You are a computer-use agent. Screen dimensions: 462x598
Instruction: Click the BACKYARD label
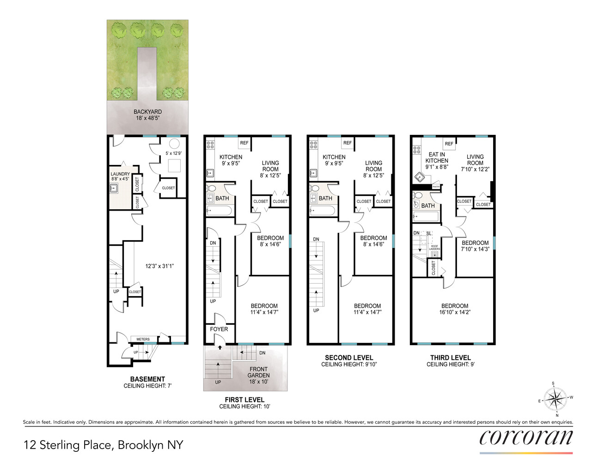[x=147, y=112]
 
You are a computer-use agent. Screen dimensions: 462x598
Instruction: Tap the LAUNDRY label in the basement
[x=120, y=174]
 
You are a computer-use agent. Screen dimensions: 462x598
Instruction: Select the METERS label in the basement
[x=143, y=339]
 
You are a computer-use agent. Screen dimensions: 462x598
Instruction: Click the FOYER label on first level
[x=219, y=329]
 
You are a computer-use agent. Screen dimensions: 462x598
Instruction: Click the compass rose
[x=555, y=399]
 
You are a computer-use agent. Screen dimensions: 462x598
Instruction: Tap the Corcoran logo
[x=526, y=438]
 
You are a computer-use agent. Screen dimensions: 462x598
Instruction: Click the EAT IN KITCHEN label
[x=437, y=158]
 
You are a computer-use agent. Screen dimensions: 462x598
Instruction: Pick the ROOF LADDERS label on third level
[x=434, y=248]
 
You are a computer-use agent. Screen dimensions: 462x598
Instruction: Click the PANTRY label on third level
[x=436, y=187]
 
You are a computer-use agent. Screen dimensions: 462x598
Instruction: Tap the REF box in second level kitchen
[x=348, y=143]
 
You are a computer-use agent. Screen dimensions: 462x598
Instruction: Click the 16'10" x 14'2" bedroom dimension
[x=455, y=312]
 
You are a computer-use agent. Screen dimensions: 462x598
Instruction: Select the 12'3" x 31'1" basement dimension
[x=159, y=266]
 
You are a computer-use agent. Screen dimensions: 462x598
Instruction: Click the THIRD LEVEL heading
[x=450, y=358]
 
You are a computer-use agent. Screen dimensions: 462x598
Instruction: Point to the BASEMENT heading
[x=147, y=379]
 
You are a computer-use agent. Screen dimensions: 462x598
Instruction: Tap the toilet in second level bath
[x=314, y=188]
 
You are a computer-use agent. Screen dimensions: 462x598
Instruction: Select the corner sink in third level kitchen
[x=420, y=177]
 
